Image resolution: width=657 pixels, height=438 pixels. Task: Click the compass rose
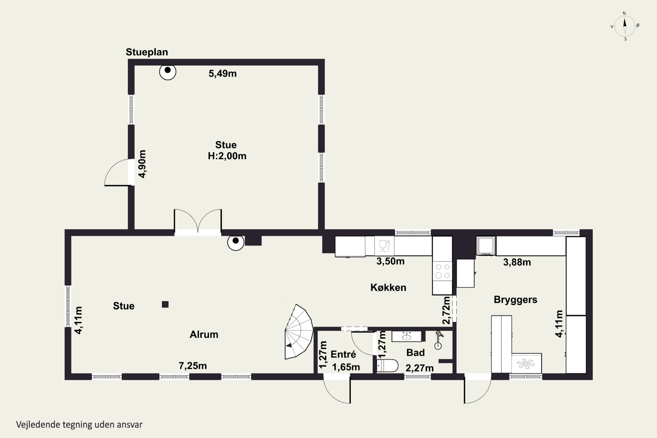[x=625, y=26]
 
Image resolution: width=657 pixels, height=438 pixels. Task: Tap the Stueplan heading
[x=147, y=52]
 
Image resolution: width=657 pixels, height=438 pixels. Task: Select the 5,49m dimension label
[x=223, y=73]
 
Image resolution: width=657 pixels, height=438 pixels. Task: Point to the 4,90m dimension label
[x=142, y=164]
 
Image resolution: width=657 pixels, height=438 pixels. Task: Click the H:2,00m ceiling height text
[x=227, y=156]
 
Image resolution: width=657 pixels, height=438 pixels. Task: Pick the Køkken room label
[x=388, y=287]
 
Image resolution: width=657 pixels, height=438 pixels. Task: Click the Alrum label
[x=204, y=334]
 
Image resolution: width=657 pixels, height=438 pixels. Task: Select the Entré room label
[x=343, y=354]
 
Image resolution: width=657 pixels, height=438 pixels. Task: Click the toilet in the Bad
[x=387, y=366]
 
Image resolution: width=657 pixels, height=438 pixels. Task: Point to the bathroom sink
[x=406, y=337]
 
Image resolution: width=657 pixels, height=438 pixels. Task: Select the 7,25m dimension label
[x=193, y=366]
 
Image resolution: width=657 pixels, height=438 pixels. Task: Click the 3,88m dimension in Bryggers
[x=517, y=262]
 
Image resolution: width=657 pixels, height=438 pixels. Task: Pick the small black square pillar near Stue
[x=165, y=304]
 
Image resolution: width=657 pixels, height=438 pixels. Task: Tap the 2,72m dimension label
[x=446, y=310]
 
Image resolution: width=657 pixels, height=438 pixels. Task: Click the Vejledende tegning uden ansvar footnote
[x=79, y=425]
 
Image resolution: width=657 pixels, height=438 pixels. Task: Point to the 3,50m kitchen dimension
[x=390, y=261]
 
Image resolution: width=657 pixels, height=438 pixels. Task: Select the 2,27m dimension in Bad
[x=420, y=368]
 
